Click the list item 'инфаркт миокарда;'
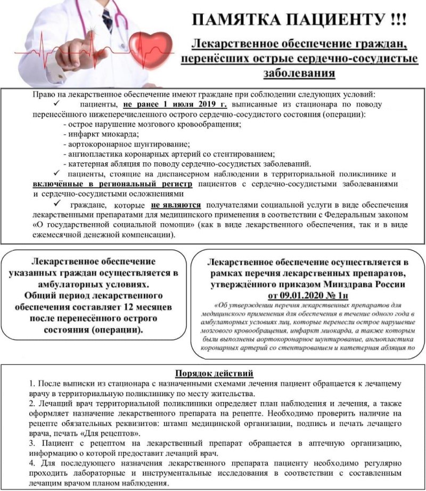(100, 134)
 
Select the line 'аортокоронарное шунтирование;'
(126, 144)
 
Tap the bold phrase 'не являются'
(176, 204)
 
